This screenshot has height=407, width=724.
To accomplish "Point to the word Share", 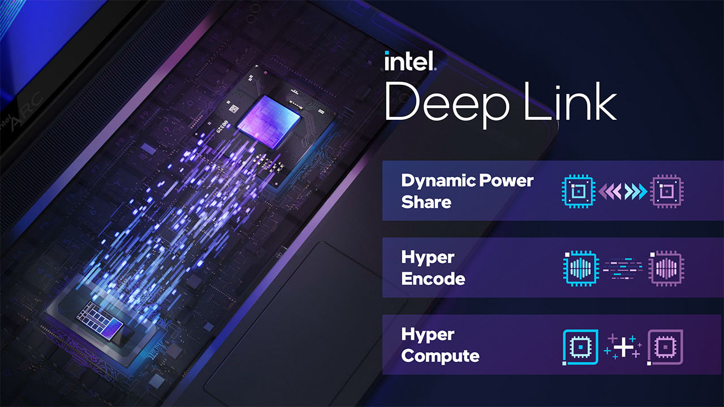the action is coord(426,202).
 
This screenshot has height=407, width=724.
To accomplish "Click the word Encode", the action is coord(433,279).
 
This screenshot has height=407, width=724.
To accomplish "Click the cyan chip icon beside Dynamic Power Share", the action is coord(579,192).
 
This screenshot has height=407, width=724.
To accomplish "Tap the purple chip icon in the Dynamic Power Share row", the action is coord(666,192).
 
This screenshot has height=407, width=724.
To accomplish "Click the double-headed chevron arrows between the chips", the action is coord(623,192).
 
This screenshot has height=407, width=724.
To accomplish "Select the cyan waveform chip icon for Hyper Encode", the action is coord(580,268).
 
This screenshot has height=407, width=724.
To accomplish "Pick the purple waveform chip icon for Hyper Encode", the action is coord(666,268).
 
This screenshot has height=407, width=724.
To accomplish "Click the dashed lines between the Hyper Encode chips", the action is coord(623,268).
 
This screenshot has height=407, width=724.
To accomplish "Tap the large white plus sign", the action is coord(623,348).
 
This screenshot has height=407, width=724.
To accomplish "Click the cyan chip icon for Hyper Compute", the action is coord(580,347).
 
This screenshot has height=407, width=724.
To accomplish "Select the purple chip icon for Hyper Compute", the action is coord(665,347).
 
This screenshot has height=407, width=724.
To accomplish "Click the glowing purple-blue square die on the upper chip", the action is coord(269,122).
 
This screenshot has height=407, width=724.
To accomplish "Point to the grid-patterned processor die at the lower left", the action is coord(100,320).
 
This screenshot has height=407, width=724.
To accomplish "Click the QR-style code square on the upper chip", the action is coord(234,109).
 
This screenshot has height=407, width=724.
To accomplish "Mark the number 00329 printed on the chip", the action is coord(222,126).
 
